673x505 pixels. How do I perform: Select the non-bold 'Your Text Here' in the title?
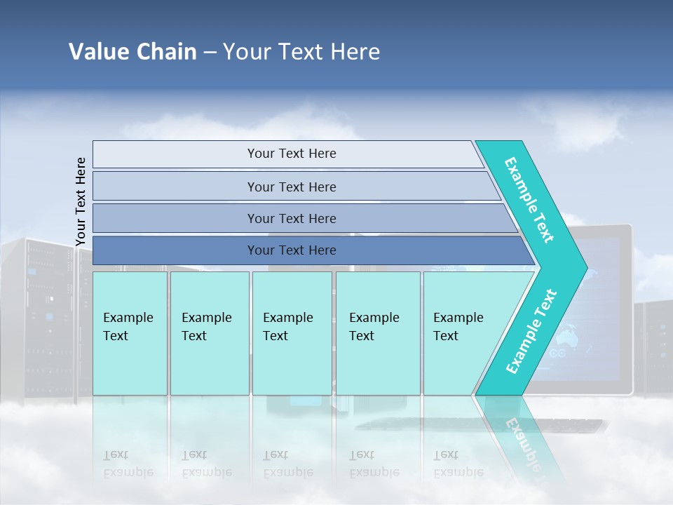tap(301, 52)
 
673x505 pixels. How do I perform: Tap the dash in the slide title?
tap(210, 53)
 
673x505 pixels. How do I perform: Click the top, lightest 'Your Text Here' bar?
tap(291, 154)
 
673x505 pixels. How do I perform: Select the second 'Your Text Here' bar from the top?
tap(291, 187)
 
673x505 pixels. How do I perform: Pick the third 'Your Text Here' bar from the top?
tap(291, 218)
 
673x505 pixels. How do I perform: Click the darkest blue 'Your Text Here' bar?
tap(291, 250)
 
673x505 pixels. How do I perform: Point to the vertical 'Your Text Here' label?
tap(81, 201)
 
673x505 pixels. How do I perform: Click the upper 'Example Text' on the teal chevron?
tap(529, 200)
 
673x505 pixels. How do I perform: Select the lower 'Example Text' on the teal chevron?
tap(531, 331)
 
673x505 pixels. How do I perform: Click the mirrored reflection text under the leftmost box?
tap(128, 463)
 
